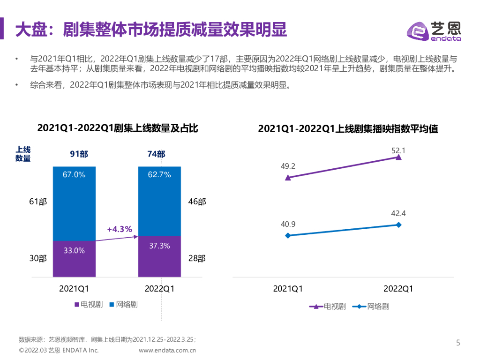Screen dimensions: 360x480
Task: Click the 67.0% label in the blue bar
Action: coord(74,175)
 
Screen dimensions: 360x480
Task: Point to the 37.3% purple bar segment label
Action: coord(159,246)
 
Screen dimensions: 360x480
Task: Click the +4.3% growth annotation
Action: coord(120,229)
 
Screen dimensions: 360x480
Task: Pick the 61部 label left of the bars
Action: coord(38,202)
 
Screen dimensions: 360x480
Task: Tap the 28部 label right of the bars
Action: coord(196,258)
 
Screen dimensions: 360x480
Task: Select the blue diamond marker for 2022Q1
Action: coord(398,225)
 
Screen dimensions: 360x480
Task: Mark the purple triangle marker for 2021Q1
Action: coord(288,178)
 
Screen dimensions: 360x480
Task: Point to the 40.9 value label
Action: coord(288,224)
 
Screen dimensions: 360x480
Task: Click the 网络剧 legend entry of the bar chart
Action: coord(123,305)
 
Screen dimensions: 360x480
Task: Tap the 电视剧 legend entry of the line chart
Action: coord(328,307)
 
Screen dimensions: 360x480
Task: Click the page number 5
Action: coord(458,343)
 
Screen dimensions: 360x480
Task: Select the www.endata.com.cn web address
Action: coord(167,350)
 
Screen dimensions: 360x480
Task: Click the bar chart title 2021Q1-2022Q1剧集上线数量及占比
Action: coord(118,128)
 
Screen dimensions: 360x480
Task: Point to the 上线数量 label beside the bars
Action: coord(23,154)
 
